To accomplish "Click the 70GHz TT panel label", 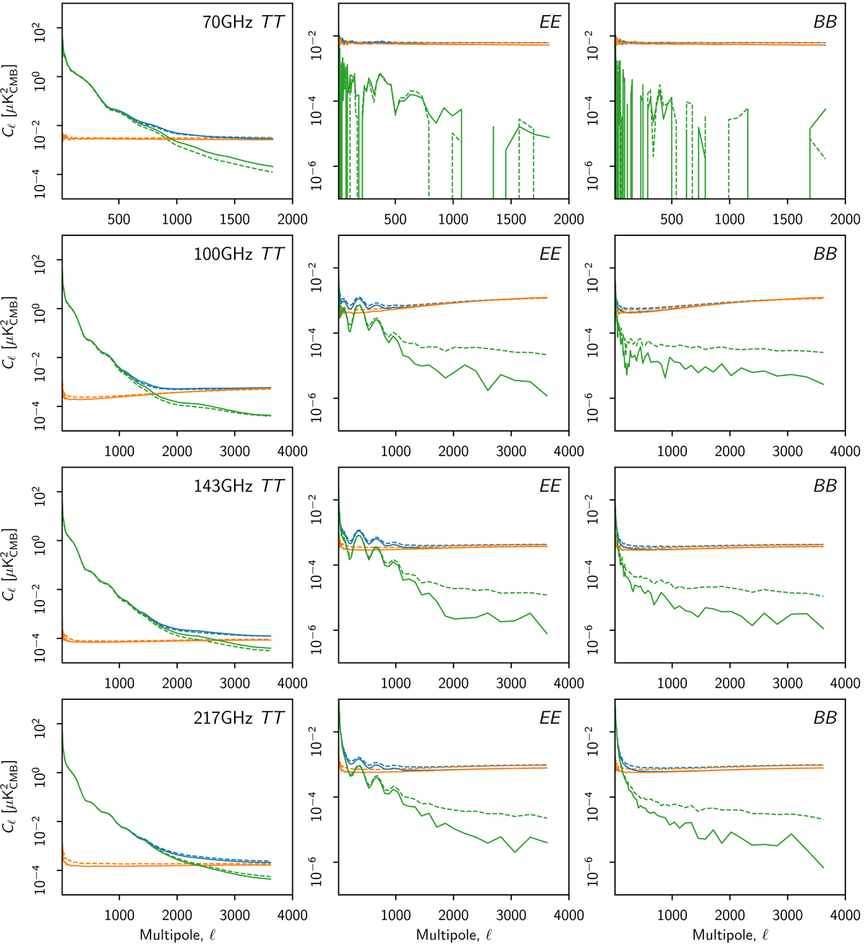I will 243,22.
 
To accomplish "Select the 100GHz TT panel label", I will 238,254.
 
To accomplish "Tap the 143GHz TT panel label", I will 238,486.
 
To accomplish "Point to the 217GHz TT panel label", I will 238,718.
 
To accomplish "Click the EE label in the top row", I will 549,22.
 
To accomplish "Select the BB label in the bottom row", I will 825,718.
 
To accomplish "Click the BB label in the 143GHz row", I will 825,486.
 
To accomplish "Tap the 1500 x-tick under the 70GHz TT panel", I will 235,219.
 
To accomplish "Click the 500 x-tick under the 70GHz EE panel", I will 395,219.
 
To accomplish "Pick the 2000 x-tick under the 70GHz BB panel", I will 845,219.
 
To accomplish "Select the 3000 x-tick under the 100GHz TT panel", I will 235,452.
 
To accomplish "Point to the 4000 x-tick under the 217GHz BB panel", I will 845,916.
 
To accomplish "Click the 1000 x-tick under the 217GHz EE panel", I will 395,916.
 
